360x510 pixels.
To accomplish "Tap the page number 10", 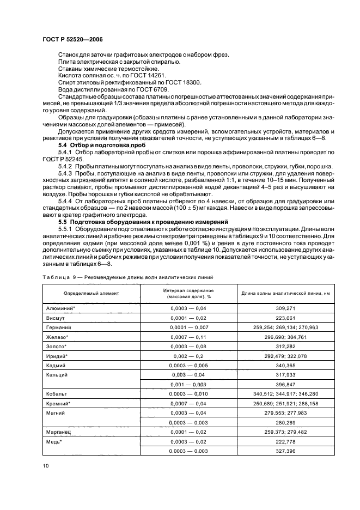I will tap(46, 465).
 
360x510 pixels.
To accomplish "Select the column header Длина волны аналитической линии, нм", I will tap(285, 294).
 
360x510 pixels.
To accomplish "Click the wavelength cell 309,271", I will tap(285, 308).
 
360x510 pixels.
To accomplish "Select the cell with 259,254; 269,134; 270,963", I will tap(285, 327).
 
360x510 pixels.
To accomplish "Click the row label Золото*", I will tap(57, 347).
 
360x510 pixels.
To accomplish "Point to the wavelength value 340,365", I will tap(285, 366).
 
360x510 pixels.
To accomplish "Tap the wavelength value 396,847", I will tap(285, 385).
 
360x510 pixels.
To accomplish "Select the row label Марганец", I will tap(60, 431).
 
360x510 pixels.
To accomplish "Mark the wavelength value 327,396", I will tap(285, 450).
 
